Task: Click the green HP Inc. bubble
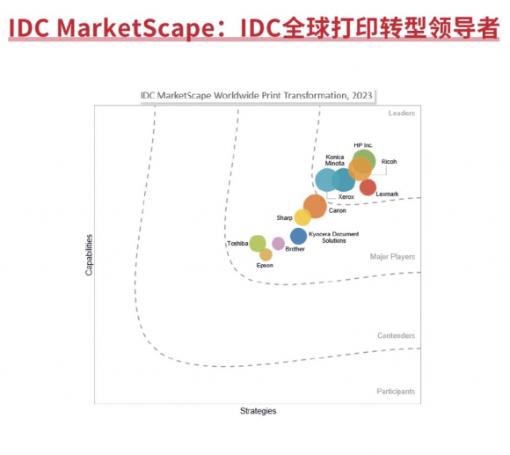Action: coord(364,161)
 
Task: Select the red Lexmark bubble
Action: coord(368,187)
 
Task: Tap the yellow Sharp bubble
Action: coord(302,217)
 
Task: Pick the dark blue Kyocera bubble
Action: coord(298,236)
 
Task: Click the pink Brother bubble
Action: coord(278,244)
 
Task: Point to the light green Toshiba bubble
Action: coord(258,244)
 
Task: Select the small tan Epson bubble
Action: coord(266,255)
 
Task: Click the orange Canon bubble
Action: coord(315,206)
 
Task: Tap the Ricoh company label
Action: coord(389,162)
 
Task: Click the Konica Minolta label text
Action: coord(335,160)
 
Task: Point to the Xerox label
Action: coord(346,197)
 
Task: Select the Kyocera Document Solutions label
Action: coord(334,238)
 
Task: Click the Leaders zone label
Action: coord(402,113)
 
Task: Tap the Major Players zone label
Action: coord(392,257)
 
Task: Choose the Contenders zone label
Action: coord(397,335)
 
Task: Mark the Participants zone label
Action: coord(396,392)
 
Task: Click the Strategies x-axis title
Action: coord(259,411)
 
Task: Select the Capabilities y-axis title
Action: coord(89,255)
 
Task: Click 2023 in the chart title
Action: coord(362,95)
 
